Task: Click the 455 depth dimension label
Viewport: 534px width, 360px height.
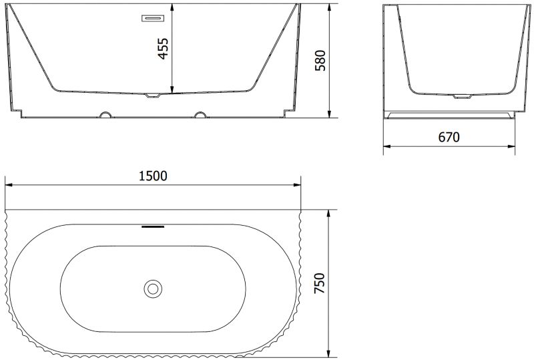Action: pos(164,48)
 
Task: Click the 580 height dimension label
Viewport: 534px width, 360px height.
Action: pos(320,60)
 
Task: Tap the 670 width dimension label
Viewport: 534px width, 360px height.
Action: pos(449,137)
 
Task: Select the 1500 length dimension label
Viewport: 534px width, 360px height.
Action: pos(154,176)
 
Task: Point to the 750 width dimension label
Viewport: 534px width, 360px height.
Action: pos(320,283)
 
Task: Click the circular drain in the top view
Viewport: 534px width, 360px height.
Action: pos(153,289)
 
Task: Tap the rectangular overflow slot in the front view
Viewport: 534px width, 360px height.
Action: pos(153,18)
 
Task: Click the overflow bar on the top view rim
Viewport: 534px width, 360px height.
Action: pos(153,226)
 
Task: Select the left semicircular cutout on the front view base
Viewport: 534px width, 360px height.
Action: pos(105,114)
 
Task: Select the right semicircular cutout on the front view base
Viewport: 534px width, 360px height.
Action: pos(200,114)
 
